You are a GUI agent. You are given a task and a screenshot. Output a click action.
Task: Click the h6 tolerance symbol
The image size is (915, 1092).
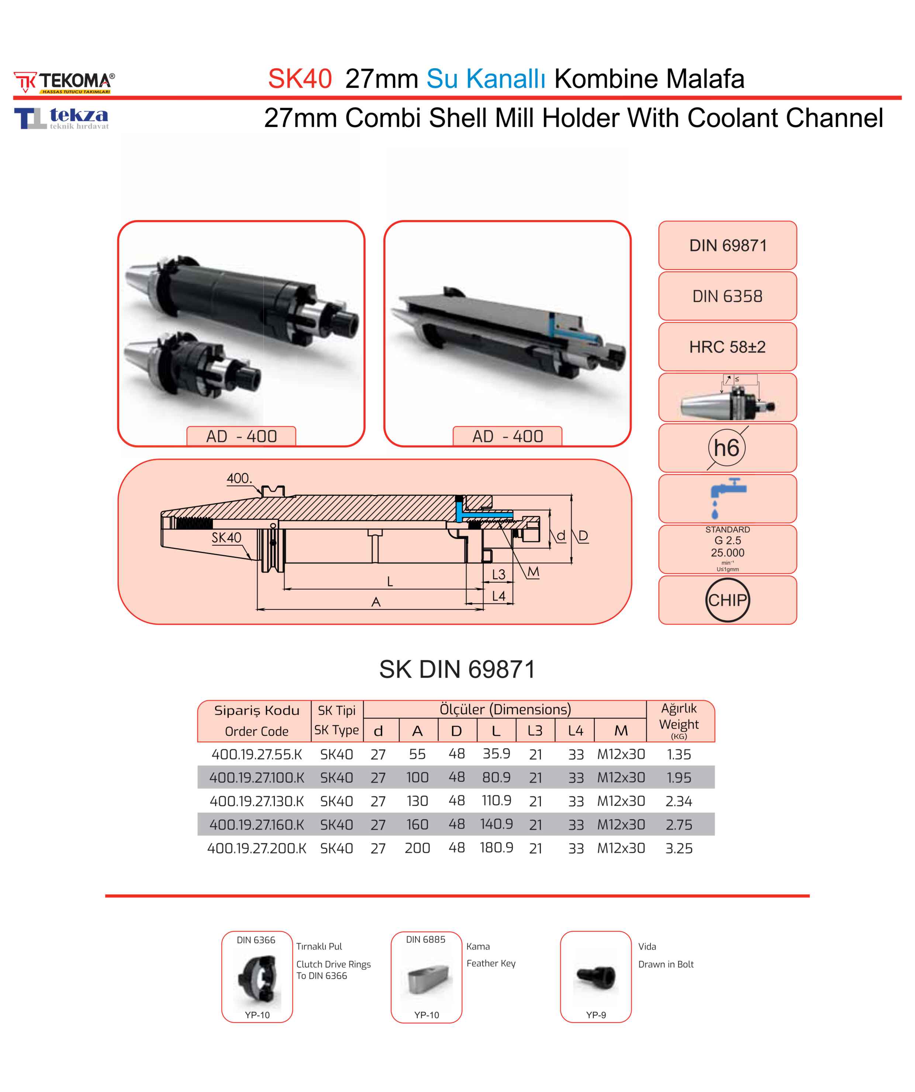(726, 448)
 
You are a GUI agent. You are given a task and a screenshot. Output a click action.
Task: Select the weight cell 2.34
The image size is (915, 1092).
(679, 801)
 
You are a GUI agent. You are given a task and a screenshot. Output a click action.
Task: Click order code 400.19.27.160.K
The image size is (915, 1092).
(257, 824)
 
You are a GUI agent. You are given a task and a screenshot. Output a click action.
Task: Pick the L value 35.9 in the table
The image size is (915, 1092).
(496, 753)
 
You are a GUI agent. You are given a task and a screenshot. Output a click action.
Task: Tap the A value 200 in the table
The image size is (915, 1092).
(417, 848)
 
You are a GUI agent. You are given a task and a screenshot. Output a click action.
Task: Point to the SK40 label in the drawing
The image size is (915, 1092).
(227, 537)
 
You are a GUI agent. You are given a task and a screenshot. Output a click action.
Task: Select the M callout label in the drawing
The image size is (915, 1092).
(533, 572)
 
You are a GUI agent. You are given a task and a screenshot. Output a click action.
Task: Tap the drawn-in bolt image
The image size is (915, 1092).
(595, 977)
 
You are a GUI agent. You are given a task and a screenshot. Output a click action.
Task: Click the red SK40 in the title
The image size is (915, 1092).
(300, 79)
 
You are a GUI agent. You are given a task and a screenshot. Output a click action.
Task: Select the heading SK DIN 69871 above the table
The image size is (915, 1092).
(457, 669)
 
